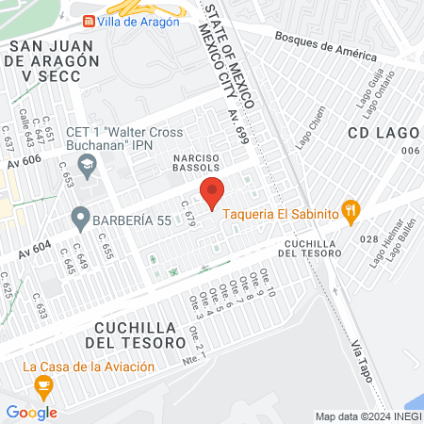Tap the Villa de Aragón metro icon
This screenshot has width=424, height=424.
[88, 21]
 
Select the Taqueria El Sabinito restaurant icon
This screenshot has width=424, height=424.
[351, 213]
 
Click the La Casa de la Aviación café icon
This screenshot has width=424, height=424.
[42, 385]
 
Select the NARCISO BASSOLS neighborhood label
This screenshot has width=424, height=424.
[197, 161]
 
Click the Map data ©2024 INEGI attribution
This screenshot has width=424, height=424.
[367, 416]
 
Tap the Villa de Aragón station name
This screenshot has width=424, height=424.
[139, 22]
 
